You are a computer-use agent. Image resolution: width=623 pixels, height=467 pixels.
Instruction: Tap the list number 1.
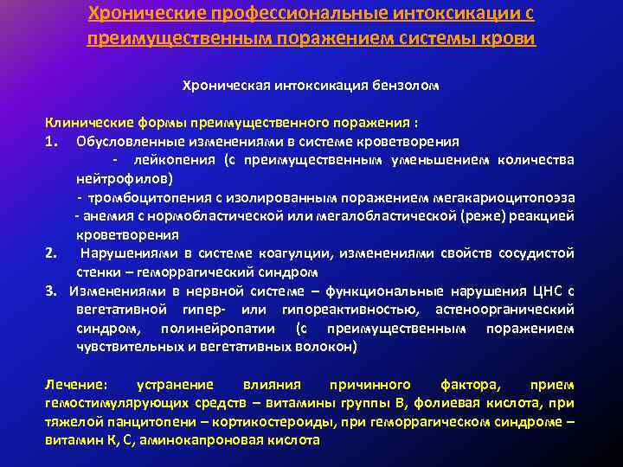pyautogui.click(x=51, y=141)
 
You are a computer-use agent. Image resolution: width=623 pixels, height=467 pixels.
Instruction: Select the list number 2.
pyautogui.click(x=51, y=253)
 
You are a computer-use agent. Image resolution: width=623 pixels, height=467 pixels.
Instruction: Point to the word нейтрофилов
pyautogui.click(x=122, y=178)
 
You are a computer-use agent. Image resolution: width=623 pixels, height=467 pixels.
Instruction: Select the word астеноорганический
pyautogui.click(x=513, y=310)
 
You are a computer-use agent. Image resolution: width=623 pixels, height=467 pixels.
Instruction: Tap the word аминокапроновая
pyautogui.click(x=196, y=440)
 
